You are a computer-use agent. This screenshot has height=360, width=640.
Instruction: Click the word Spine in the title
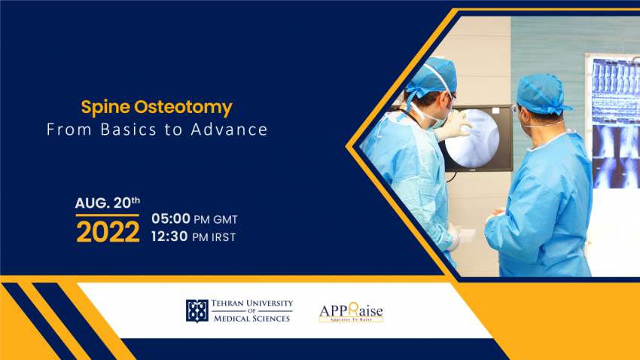click(x=102, y=107)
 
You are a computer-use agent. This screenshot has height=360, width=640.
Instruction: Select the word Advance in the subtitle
click(x=233, y=130)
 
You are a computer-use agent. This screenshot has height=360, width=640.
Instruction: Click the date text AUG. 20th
click(x=107, y=203)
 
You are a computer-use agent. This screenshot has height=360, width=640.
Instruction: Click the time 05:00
click(x=171, y=220)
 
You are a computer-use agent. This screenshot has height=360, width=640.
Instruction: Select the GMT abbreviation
click(x=225, y=220)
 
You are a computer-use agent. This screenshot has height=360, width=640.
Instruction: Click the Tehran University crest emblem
click(x=197, y=310)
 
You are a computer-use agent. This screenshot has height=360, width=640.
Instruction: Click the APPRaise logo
click(x=350, y=309)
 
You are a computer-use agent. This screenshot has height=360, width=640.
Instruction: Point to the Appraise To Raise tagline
click(x=350, y=320)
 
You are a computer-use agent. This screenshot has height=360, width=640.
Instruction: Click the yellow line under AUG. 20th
click(x=107, y=215)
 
